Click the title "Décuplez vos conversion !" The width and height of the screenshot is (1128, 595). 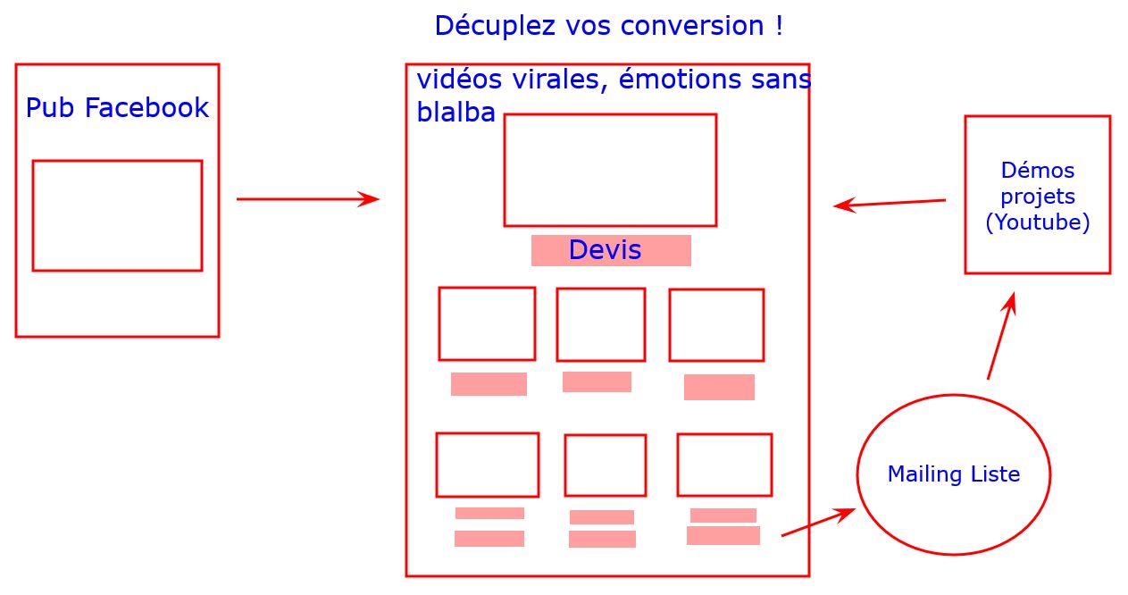pyautogui.click(x=608, y=26)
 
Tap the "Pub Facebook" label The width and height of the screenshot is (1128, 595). pyautogui.click(x=117, y=108)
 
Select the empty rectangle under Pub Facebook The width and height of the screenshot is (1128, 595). pyautogui.click(x=117, y=215)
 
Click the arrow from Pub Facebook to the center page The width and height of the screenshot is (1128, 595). pyautogui.click(x=307, y=199)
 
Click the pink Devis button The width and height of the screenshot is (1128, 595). pyautogui.click(x=611, y=250)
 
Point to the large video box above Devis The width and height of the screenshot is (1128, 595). pyautogui.click(x=610, y=170)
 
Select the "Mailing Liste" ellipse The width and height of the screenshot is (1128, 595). pyautogui.click(x=953, y=474)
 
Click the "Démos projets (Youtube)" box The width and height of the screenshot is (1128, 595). pyautogui.click(x=1037, y=195)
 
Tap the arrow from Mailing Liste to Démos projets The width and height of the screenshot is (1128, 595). pyautogui.click(x=1001, y=336)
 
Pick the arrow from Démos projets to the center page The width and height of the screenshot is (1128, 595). pyautogui.click(x=890, y=204)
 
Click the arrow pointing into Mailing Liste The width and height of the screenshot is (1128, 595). pyautogui.click(x=818, y=523)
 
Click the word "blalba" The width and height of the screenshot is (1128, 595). pyautogui.click(x=455, y=113)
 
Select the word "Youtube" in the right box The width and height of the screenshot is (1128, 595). pyautogui.click(x=1037, y=222)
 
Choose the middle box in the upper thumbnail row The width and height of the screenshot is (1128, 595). pyautogui.click(x=600, y=324)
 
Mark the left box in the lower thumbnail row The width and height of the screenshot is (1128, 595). pyautogui.click(x=487, y=465)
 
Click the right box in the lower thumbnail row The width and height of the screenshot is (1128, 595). pyautogui.click(x=724, y=465)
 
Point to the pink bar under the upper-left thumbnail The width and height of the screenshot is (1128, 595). pyautogui.click(x=489, y=384)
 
